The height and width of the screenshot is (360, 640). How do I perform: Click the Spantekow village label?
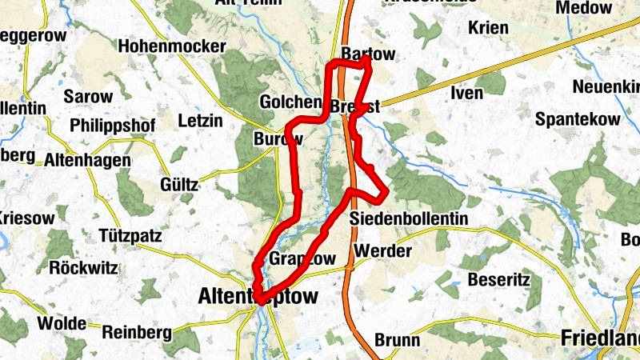pos(577,118)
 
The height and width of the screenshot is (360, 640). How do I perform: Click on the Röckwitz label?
pos(86,266)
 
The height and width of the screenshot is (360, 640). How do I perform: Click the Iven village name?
pos(467,93)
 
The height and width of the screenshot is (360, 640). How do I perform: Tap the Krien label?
pos(488,28)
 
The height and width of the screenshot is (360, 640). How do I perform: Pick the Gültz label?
pos(178,184)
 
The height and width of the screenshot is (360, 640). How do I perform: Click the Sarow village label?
pos(89,96)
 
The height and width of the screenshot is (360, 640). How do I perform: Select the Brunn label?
pos(397,340)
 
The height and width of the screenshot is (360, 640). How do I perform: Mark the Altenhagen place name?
pos(87,160)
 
